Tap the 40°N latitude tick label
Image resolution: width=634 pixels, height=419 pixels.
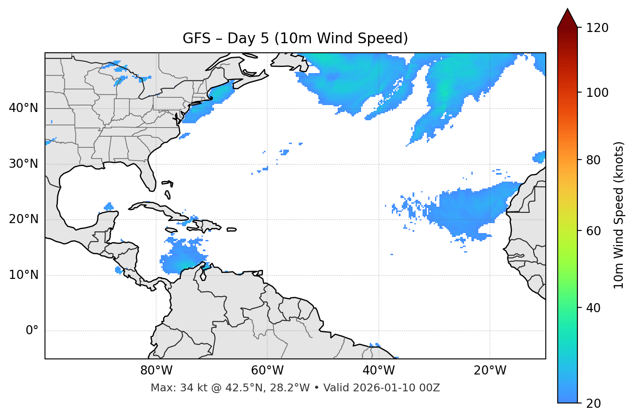[23, 108]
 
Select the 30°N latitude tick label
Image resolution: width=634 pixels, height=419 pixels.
[23, 164]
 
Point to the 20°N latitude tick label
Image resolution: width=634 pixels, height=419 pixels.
[23, 219]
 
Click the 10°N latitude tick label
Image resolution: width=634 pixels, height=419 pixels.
[23, 275]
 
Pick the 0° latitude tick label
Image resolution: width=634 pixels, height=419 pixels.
[32, 331]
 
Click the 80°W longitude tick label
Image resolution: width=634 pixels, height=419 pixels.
[156, 371]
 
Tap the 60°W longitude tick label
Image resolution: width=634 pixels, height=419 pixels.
[267, 371]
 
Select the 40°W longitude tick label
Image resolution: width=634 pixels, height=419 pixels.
[378, 371]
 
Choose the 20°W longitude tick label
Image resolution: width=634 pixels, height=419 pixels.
[490, 371]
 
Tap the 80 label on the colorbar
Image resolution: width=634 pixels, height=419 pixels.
[596, 160]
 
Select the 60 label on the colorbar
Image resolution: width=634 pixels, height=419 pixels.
[596, 231]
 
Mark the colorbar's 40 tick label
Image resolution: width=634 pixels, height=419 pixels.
[596, 308]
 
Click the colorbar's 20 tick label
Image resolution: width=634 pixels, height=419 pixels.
[596, 403]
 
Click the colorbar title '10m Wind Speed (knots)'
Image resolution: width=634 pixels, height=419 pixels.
[619, 215]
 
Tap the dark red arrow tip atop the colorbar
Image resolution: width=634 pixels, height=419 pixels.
[567, 16]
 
